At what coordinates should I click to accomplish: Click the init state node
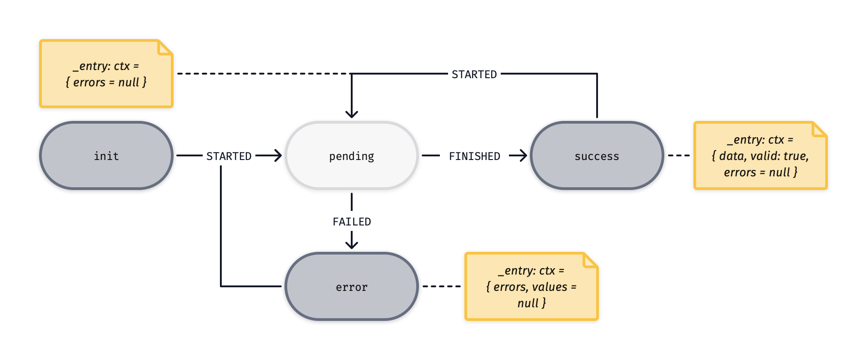[106, 155]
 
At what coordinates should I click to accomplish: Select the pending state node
[351, 155]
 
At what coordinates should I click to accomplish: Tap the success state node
[597, 155]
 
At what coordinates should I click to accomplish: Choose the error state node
[351, 286]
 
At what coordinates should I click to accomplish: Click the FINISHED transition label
[474, 156]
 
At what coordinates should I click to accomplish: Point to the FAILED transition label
[352, 221]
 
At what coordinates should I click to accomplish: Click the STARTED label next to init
[229, 156]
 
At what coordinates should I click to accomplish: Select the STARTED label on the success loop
[474, 74]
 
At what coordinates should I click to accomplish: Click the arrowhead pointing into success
[523, 155]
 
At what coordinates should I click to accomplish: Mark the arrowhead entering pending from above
[352, 114]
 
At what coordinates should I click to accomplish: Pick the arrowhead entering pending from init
[277, 155]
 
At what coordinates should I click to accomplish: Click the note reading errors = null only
[106, 74]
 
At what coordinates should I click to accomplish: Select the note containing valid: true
[760, 155]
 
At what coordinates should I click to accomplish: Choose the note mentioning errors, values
[531, 286]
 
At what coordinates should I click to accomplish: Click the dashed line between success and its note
[679, 155]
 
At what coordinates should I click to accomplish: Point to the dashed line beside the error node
[441, 286]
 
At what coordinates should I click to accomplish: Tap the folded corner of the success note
[819, 130]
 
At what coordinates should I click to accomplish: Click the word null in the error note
[528, 303]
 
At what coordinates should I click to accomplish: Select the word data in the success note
[732, 156]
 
